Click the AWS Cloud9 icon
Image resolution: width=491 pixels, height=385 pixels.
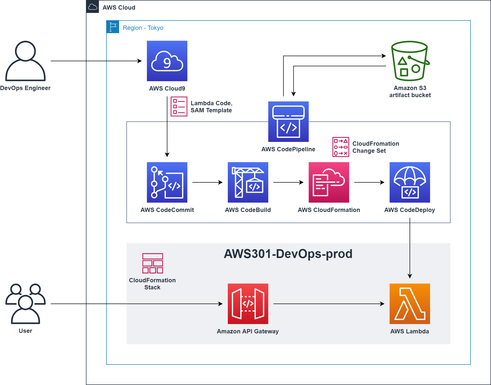pos(167,61)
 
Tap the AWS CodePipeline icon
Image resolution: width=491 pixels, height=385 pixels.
pos(288,122)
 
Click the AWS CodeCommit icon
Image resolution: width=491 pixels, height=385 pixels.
pos(167,182)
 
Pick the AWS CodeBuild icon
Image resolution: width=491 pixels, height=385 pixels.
pos(248,182)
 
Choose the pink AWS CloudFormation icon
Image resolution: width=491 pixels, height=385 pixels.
pos(329,182)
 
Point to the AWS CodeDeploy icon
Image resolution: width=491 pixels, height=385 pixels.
pos(410,182)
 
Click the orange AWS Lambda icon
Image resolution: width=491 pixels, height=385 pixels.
pos(410,304)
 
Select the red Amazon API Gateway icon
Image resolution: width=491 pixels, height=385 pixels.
pos(248,304)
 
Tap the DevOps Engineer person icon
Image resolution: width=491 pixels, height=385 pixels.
pos(26,61)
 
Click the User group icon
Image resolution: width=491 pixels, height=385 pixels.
pos(26,304)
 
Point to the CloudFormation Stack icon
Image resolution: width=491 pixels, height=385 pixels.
pos(153,263)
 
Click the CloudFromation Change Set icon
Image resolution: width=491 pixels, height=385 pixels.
pos(341,147)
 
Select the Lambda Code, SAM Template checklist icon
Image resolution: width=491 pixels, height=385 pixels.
pos(179,106)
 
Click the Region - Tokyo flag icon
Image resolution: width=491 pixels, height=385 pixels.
pos(113,27)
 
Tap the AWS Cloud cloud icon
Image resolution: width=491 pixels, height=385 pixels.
pos(93,7)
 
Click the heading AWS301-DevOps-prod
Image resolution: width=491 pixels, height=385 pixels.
pos(288,254)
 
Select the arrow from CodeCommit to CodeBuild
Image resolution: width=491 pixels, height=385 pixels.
pos(207,182)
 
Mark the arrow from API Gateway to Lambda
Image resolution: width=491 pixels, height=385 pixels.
pos(329,304)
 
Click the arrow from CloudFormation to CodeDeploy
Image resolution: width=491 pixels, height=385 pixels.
pos(369,182)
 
